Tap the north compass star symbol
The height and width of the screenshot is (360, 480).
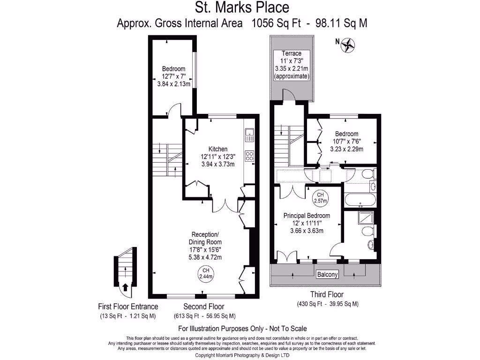pos(349,45)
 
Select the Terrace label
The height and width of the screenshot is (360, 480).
pos(292,53)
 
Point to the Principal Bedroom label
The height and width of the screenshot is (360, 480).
pos(307,216)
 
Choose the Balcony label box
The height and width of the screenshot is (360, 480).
pos(327,275)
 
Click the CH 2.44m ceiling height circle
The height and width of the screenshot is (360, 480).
pos(205,273)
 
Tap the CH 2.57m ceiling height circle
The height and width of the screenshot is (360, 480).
pos(321,197)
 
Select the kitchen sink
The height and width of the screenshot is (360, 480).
pos(249,135)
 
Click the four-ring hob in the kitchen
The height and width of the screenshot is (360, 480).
pos(249,156)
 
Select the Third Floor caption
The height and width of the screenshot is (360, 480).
pos(327,295)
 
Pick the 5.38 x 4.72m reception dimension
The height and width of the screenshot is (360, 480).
pos(205,257)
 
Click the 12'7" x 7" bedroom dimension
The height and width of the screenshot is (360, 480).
pos(173,76)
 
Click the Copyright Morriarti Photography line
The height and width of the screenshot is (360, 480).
pos(242,355)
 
